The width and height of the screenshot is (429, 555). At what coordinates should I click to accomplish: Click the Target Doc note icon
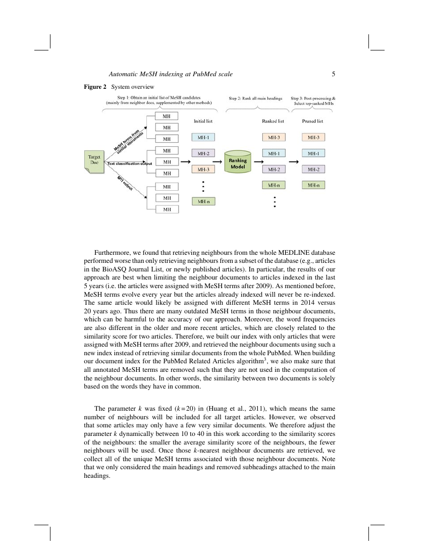click(94, 162)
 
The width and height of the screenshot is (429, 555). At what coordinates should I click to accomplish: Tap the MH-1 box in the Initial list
click(203, 137)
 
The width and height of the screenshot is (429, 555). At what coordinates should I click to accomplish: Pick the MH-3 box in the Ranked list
click(274, 137)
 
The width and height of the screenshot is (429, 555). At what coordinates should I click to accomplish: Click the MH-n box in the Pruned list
click(313, 186)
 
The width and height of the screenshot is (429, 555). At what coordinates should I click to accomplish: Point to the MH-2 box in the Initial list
click(203, 153)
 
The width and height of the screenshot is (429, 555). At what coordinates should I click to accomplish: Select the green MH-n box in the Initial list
click(203, 201)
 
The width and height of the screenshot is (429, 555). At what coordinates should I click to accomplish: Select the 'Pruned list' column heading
click(312, 121)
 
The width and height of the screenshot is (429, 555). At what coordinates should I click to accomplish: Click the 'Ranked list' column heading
click(273, 121)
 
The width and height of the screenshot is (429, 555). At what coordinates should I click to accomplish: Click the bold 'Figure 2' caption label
click(95, 87)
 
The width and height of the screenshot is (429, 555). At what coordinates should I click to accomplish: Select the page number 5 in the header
click(334, 74)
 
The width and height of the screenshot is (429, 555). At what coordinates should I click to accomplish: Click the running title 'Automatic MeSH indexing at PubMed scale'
click(171, 74)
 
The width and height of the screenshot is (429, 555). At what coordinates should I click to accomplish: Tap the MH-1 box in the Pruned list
click(313, 153)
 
